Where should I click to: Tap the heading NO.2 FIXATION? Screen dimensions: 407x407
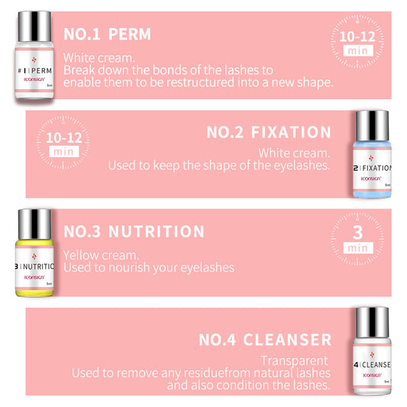pyautogui.click(x=269, y=132)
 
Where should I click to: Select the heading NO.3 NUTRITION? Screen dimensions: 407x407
pyautogui.click(x=134, y=231)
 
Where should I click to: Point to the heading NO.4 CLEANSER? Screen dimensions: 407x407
pyautogui.click(x=265, y=339)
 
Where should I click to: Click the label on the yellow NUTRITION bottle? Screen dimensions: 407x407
pyautogui.click(x=34, y=268)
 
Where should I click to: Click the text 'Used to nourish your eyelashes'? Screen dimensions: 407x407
pyautogui.click(x=148, y=267)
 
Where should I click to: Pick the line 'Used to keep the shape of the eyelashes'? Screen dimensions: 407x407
pyautogui.click(x=219, y=166)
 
